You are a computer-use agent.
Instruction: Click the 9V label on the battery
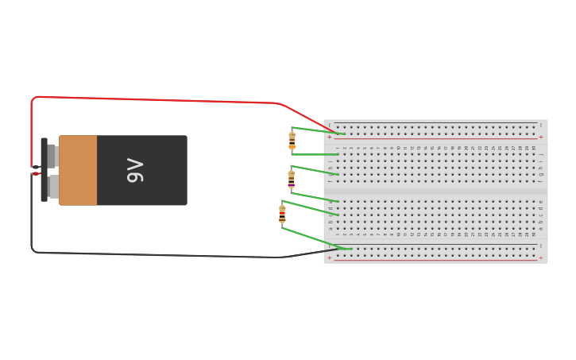pos(135,170)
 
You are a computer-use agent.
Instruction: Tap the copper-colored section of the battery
pos(78,170)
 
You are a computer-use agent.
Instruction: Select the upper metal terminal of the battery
pos(52,155)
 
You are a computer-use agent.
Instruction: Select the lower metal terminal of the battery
pos(52,186)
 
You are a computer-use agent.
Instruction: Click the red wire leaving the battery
pos(159,100)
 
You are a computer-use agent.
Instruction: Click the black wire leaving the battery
pos(159,254)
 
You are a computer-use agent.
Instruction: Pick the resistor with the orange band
pos(292,141)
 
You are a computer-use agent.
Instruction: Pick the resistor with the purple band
pos(291,179)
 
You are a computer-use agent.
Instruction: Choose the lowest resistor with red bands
pos(282,214)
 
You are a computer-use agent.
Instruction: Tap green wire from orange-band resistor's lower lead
pos(315,154)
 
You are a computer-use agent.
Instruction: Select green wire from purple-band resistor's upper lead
pos(315,170)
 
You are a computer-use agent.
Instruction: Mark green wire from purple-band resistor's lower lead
pos(315,195)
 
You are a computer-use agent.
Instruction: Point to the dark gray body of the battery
pos(159,191)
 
